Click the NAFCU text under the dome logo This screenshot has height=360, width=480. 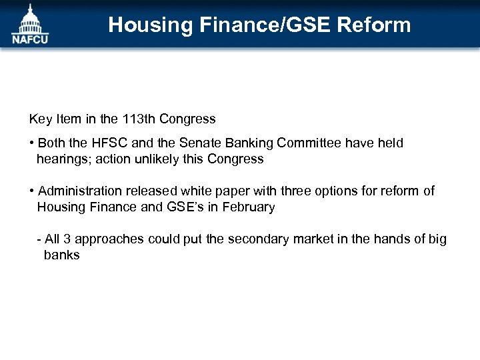29,39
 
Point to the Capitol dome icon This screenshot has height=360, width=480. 29,18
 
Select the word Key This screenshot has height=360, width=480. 40,119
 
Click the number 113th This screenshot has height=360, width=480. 138,119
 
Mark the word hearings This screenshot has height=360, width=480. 61,159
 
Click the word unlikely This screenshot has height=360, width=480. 155,159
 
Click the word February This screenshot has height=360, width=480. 249,207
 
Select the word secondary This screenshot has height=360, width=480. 257,239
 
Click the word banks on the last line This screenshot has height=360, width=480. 61,255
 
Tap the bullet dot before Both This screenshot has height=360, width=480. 32,144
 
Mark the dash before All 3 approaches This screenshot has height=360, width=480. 39,239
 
